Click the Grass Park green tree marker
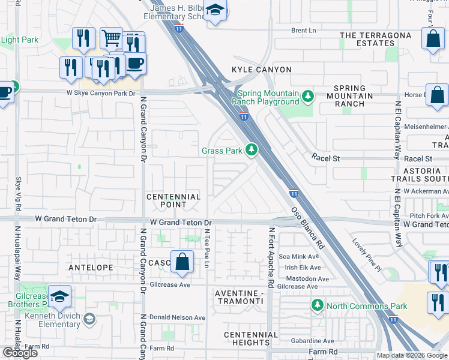253,149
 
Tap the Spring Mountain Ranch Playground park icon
308,96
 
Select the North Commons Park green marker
318,306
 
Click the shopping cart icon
111,38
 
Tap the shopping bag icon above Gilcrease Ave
182,262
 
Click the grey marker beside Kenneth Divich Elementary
89,318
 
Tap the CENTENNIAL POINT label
174,200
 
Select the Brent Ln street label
303,31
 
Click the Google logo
20,352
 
